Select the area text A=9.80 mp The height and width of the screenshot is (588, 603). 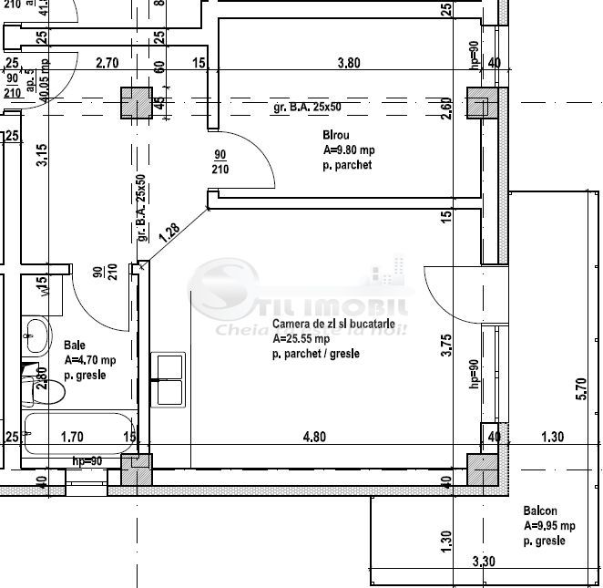coord(348,150)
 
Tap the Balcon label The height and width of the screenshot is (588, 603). coord(539,511)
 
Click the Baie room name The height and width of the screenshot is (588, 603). coord(74,346)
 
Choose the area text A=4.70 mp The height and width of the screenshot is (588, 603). coord(89,360)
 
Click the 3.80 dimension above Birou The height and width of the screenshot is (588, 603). coord(349,64)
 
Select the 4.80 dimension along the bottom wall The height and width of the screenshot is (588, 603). coord(314,437)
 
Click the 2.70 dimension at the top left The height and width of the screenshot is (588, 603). coord(107,64)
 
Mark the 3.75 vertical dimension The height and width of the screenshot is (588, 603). coord(446,347)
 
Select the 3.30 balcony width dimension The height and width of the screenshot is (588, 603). coord(484,562)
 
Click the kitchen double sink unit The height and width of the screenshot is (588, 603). coord(169,379)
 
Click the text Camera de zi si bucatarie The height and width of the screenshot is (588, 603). coord(332,325)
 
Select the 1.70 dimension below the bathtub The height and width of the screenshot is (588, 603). coord(72,438)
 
